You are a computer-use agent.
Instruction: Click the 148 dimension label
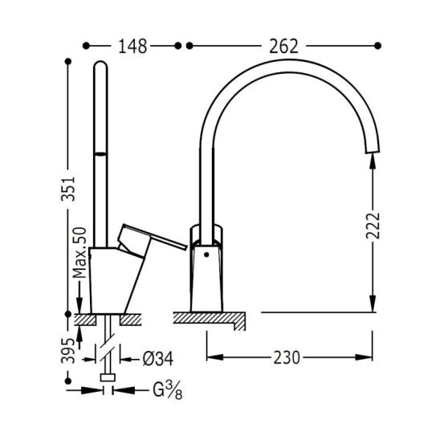tap(132, 47)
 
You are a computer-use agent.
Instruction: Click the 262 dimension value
tap(283, 47)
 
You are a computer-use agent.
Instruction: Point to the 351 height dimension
tap(68, 189)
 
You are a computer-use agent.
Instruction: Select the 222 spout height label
tap(373, 226)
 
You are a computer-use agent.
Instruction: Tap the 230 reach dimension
tap(287, 358)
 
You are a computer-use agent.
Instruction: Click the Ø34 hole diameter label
tap(158, 359)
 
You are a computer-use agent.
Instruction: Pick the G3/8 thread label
tap(168, 390)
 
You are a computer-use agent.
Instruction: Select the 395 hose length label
tap(68, 351)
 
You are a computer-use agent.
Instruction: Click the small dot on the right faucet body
tap(206, 255)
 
